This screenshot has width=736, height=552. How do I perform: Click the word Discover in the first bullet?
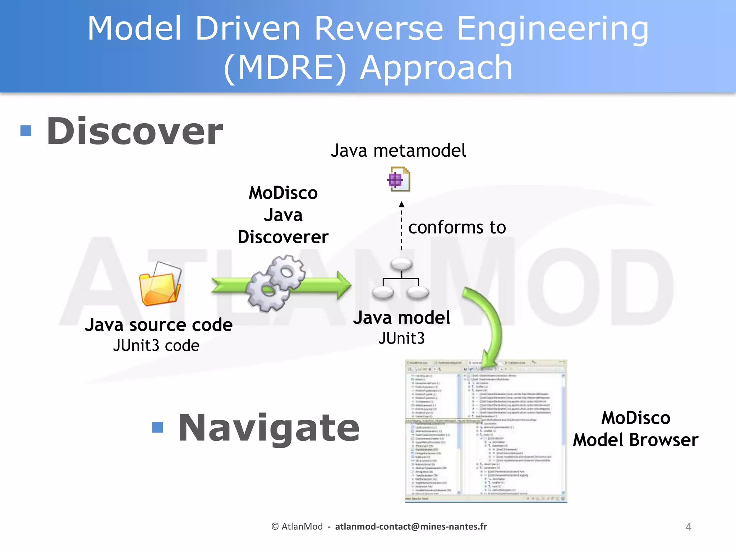(135, 132)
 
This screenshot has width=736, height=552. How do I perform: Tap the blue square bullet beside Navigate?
(157, 427)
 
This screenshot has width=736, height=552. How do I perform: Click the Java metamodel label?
(398, 151)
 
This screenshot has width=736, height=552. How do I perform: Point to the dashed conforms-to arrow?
(401, 226)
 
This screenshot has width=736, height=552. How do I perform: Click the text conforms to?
(457, 227)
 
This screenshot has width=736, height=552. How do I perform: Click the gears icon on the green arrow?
(275, 283)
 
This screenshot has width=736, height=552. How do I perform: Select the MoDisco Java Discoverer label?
(283, 215)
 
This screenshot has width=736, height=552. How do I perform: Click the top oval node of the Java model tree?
(401, 264)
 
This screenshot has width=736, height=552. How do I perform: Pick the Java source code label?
(158, 325)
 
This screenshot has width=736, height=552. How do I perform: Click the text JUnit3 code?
(156, 346)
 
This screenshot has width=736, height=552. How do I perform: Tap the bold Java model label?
(401, 318)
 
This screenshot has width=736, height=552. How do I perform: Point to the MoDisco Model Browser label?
(635, 429)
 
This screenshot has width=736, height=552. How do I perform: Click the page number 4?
(688, 527)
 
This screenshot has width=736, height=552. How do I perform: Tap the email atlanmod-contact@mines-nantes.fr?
(411, 526)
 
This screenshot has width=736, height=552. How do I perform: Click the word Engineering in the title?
(552, 29)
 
